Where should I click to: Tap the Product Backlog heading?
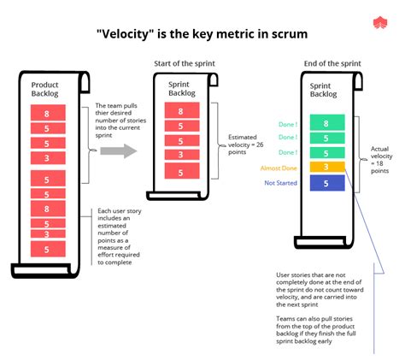pos(44,90)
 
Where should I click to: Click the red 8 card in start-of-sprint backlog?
pos(179,111)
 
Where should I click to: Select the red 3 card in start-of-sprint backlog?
pos(179,155)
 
